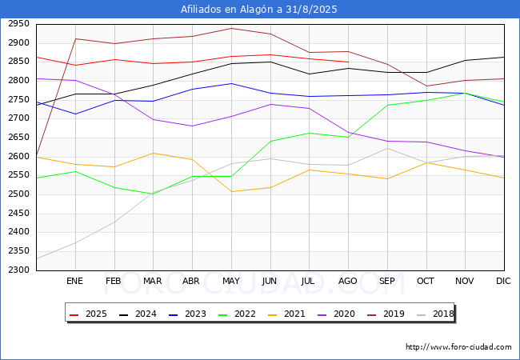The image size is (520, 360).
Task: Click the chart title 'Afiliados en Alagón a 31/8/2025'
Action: [259, 10]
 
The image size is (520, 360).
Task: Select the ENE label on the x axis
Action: [74, 282]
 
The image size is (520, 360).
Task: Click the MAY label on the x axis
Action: [230, 282]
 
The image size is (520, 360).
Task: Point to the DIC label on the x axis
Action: [503, 282]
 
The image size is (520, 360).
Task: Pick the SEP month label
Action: [386, 282]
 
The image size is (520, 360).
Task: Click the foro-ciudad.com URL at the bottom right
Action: [458, 347]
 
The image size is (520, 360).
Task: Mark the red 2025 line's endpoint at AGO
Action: [348, 62]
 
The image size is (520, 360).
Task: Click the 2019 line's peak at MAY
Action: [231, 29]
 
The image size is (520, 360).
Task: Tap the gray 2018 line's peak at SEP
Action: [387, 148]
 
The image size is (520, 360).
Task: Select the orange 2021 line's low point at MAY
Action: [231, 191]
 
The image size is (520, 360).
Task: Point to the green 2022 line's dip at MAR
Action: [153, 194]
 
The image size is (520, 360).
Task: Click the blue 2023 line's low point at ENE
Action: [75, 114]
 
